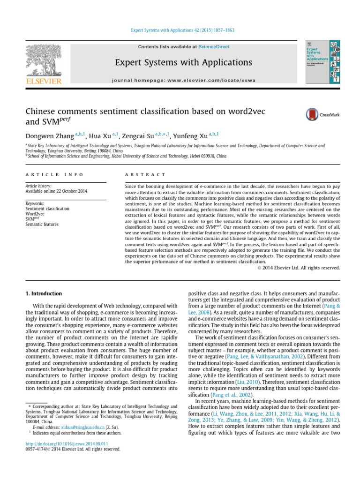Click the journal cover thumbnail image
point(322,62)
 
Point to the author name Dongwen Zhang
point(50,136)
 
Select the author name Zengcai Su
point(137,136)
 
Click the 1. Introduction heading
point(43,293)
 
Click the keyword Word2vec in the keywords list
point(36,214)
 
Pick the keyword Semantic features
point(42,225)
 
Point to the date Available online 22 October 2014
point(56,191)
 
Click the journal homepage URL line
point(184,80)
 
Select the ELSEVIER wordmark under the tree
point(44,81)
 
